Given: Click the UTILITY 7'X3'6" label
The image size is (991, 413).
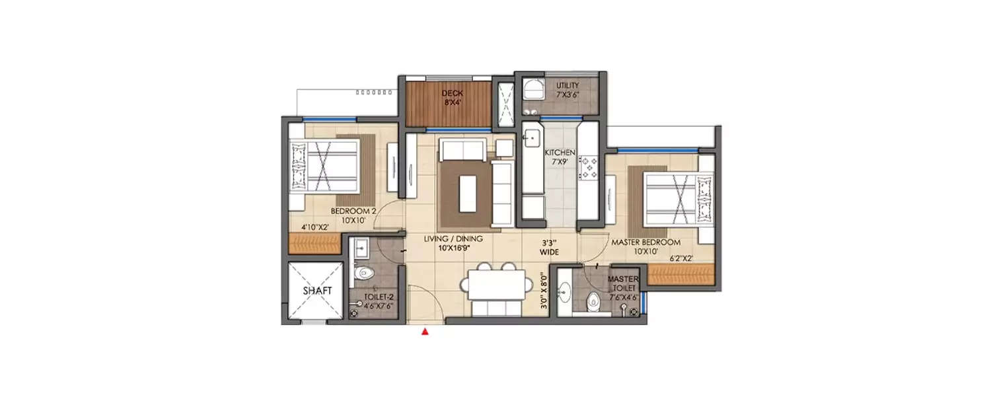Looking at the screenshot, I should [568, 90].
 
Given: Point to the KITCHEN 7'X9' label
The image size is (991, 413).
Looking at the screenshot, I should [560, 157].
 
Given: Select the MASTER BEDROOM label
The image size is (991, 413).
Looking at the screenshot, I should [645, 247].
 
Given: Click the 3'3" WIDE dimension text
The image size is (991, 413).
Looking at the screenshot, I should [549, 247].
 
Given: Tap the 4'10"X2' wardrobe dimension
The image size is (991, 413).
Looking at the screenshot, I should [315, 227].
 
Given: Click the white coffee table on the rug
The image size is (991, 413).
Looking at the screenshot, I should [468, 193].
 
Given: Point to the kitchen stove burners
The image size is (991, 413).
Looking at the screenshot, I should [587, 167].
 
